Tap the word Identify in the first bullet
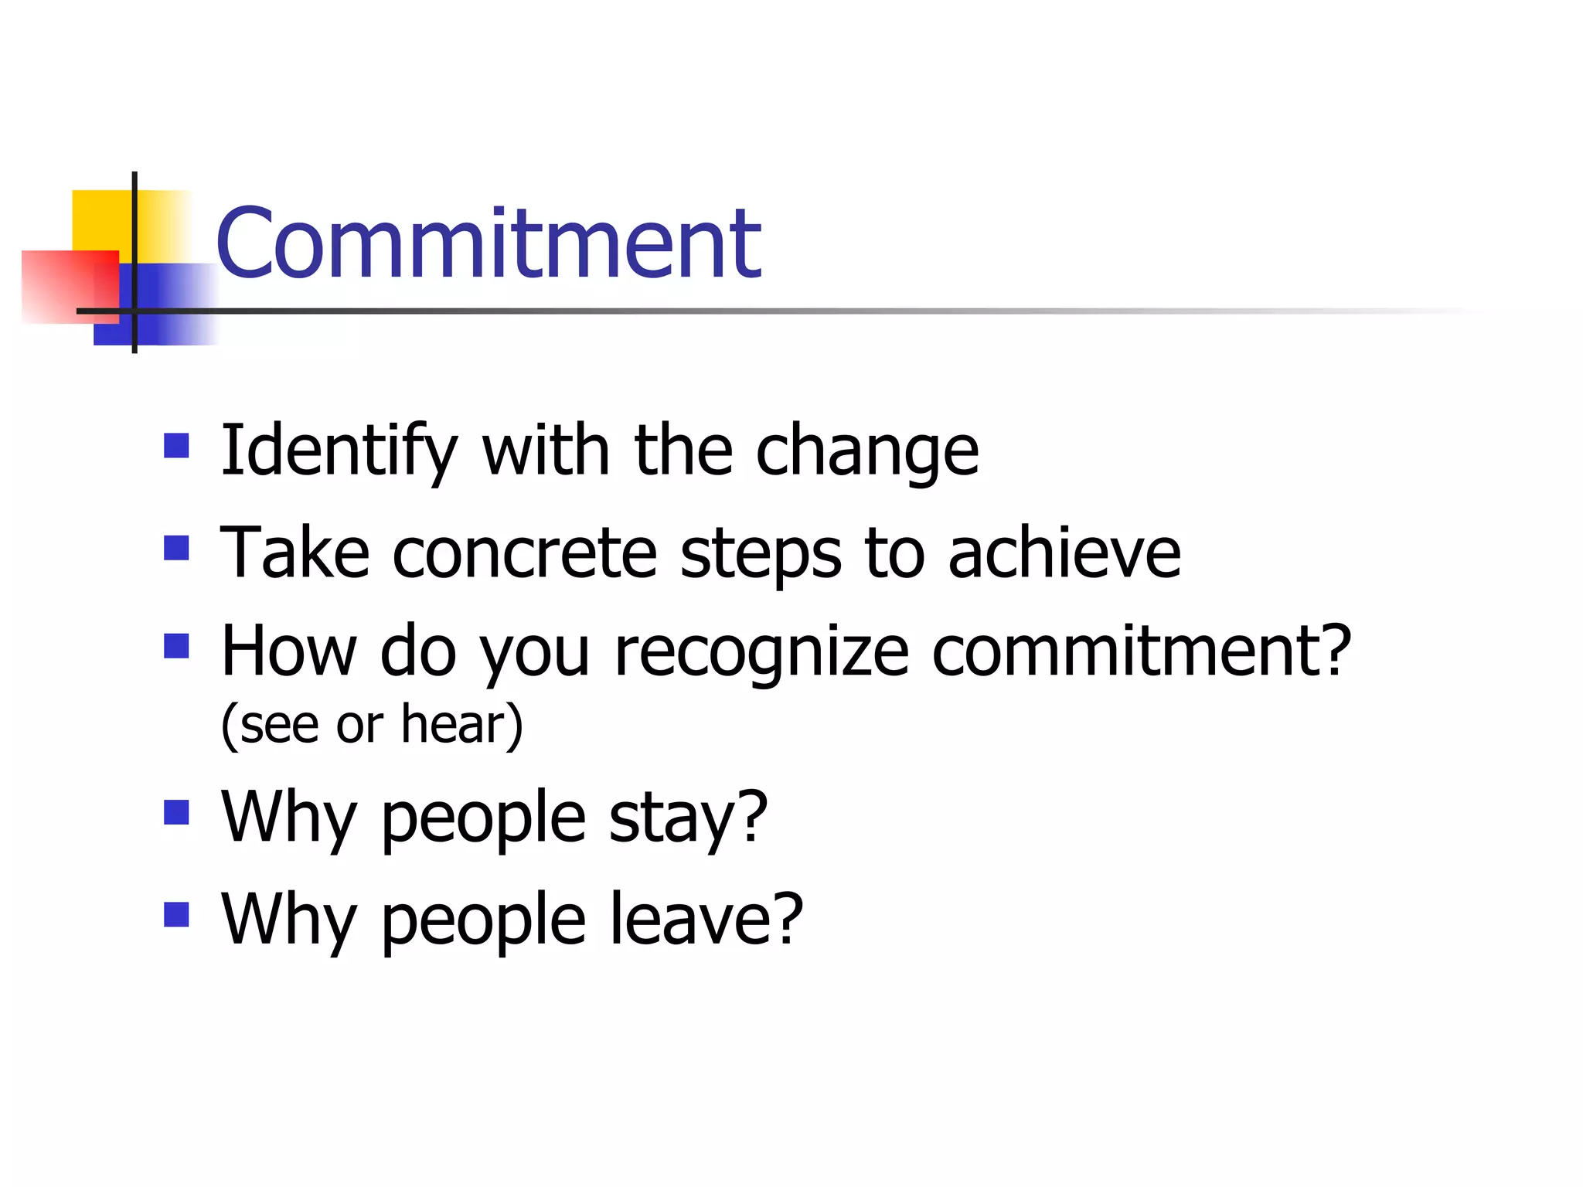click(339, 451)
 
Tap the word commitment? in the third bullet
click(1142, 651)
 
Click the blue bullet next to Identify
click(177, 446)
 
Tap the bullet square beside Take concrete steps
click(177, 548)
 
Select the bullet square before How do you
click(177, 646)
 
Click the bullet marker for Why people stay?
click(177, 813)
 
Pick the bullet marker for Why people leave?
click(177, 914)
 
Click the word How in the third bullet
click(288, 651)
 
